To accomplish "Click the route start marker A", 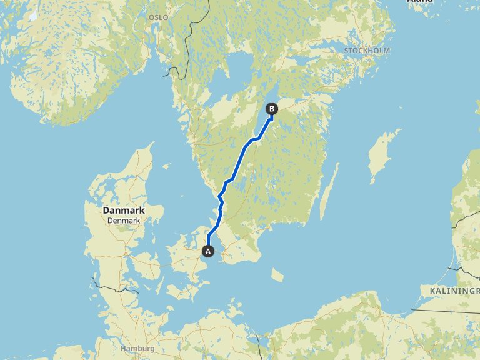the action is [208, 251].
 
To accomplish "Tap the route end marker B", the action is [272, 109].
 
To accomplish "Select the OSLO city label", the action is [158, 17].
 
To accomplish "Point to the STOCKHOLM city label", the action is [367, 50].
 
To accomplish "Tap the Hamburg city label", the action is [137, 348].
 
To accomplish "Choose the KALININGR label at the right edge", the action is [454, 291].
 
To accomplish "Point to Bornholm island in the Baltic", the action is [277, 275].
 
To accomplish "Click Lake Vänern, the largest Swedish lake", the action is [235, 68].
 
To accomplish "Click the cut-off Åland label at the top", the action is [420, 2].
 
